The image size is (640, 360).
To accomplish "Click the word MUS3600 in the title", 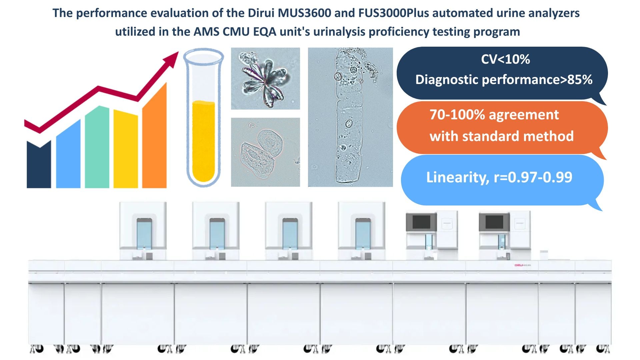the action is pyautogui.click(x=305, y=13).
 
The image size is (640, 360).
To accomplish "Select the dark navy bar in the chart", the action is pyautogui.click(x=39, y=164).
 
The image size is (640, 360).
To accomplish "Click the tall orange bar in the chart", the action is pyautogui.click(x=154, y=135).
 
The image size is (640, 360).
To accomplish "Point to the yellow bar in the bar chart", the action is pyautogui.click(x=126, y=149).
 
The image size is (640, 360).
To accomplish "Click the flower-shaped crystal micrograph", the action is pyautogui.click(x=265, y=79).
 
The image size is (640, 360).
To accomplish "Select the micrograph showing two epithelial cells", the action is pyautogui.click(x=265, y=152).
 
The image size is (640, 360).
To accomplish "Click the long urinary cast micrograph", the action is pyautogui.click(x=350, y=117).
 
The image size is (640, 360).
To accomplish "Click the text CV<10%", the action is pyautogui.click(x=505, y=59).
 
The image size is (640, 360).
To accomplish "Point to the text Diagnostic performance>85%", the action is pyautogui.click(x=504, y=80).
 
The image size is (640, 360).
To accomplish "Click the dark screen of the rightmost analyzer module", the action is pyautogui.click(x=494, y=222).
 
